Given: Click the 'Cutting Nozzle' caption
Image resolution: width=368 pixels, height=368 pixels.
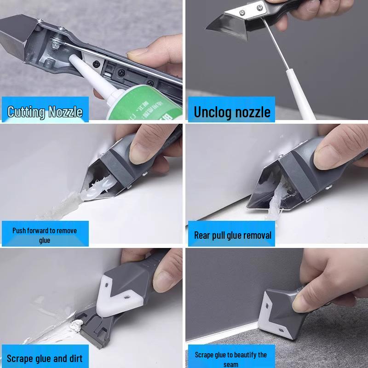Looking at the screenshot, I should (x=45, y=112).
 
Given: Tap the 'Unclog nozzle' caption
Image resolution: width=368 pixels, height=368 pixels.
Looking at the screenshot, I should (x=232, y=112).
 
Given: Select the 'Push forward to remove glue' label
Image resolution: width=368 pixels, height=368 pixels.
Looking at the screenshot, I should (x=45, y=235).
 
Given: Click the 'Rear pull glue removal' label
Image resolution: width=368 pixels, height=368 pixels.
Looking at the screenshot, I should (x=232, y=236).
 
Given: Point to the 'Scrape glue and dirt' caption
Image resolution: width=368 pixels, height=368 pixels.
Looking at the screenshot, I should (x=45, y=358).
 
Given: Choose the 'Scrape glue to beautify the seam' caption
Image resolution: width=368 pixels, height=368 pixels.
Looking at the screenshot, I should (x=230, y=359).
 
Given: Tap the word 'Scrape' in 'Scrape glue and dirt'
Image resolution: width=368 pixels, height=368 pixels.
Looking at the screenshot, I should (x=21, y=358).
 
